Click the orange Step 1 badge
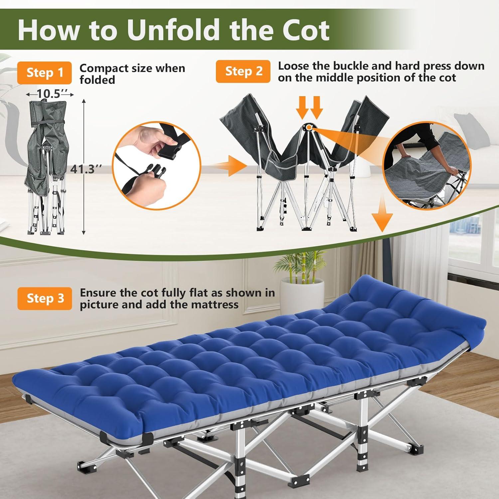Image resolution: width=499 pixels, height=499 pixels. click(45, 73)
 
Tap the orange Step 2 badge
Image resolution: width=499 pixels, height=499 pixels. click(243, 71)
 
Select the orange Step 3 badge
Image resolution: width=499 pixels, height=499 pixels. click(45, 298)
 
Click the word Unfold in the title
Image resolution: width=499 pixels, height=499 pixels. click(173, 30)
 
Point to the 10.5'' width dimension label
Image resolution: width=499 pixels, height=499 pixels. click(50, 94)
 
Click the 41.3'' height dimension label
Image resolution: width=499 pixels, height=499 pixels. click(85, 169)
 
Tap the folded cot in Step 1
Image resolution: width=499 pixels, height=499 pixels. click(46, 168)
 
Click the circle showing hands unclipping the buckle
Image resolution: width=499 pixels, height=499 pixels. click(157, 165)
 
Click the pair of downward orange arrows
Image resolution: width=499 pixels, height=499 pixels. click(309, 107)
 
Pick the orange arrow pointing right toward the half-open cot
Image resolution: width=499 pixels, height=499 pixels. click(230, 165)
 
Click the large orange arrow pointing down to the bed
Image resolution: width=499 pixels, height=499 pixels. click(382, 215)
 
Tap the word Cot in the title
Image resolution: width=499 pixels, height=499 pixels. click(306, 30)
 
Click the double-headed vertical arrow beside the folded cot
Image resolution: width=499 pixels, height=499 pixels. click(84, 166)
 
